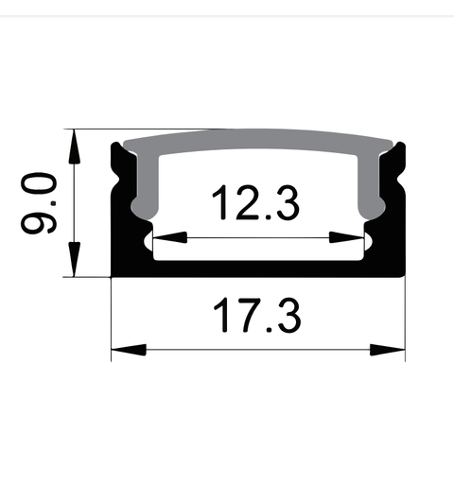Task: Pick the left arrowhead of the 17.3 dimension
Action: (x=125, y=350)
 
